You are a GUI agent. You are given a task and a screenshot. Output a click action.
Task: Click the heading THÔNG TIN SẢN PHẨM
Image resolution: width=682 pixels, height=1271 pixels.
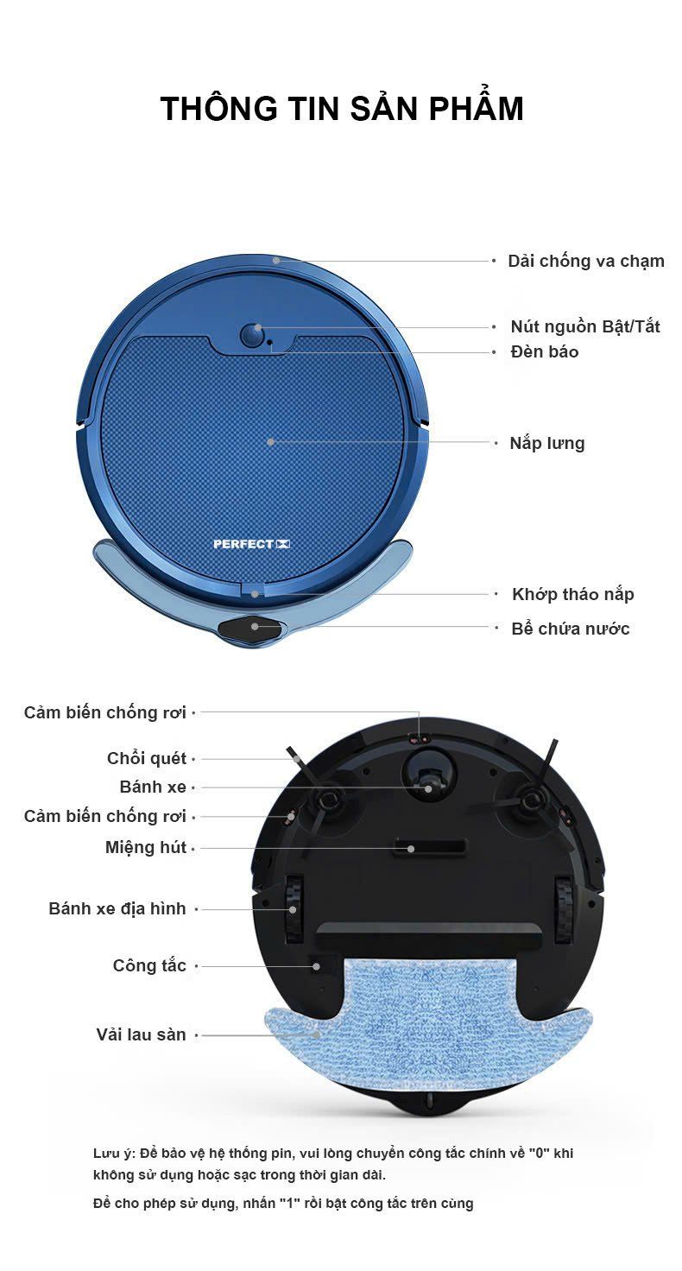coord(342,108)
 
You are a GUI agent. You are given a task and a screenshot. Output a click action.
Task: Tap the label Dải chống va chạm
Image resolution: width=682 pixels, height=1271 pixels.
coord(586,261)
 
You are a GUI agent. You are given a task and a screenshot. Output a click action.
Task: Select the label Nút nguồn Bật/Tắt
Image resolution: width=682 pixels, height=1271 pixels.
coord(585,326)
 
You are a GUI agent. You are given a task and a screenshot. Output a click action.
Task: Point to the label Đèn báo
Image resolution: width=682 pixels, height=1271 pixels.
coord(545,351)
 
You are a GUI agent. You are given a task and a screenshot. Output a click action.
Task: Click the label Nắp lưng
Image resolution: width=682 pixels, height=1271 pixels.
coord(547,443)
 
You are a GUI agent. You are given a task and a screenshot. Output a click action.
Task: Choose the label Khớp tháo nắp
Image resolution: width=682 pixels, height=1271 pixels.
coord(573,594)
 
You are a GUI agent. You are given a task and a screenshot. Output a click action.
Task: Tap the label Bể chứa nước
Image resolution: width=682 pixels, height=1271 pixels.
coord(571,629)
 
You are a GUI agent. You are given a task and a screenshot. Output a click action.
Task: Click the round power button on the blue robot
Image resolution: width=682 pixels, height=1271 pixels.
coord(252,336)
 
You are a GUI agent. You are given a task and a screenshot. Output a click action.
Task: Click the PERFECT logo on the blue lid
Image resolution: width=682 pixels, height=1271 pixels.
coord(252,544)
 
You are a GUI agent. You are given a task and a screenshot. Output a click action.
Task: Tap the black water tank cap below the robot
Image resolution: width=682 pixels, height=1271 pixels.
coord(250,629)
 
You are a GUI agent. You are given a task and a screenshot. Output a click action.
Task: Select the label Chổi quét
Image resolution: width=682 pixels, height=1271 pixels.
coord(147,758)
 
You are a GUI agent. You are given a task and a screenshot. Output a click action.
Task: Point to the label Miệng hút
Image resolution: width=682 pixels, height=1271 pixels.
coord(146,847)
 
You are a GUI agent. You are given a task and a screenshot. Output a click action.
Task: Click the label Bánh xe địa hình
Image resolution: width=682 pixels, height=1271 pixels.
coord(117,908)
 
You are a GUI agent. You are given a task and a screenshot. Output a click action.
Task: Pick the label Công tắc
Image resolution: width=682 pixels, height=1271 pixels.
coord(149,965)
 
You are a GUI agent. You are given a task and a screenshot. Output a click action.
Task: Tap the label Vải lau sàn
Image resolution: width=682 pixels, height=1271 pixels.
coord(142,1034)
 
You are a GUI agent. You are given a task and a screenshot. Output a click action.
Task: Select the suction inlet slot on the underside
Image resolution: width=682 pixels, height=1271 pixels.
coord(431,846)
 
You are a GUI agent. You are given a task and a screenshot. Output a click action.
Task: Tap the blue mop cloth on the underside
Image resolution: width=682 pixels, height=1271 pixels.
coord(429,1026)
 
